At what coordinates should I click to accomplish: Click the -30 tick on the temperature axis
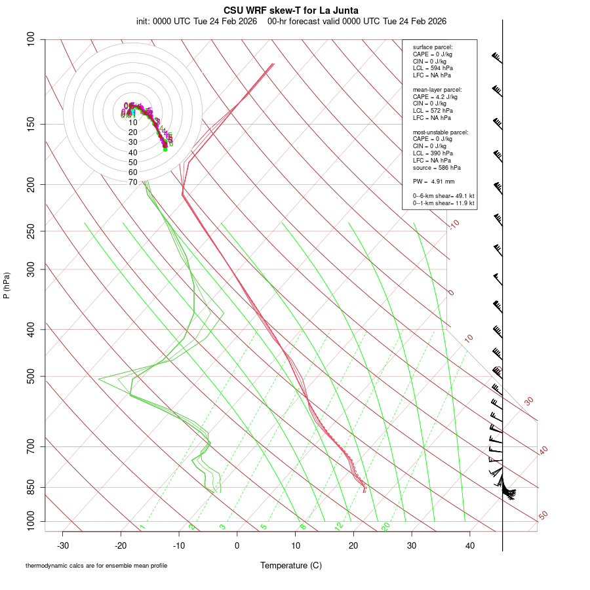(x=63, y=545)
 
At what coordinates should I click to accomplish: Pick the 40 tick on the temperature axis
(x=469, y=545)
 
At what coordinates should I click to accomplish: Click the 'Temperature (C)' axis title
(x=291, y=565)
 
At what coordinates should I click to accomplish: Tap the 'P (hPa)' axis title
(x=7, y=286)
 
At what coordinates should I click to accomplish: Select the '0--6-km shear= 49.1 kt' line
(x=444, y=196)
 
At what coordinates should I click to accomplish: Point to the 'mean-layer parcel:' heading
(x=437, y=89)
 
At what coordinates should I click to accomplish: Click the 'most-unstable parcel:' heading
(x=441, y=132)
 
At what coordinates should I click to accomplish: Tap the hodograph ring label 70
(x=133, y=182)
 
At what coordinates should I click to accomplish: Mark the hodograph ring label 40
(x=133, y=152)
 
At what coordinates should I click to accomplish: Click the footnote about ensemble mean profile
(x=96, y=565)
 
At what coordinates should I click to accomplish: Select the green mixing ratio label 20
(x=385, y=526)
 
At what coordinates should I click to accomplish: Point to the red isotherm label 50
(x=543, y=516)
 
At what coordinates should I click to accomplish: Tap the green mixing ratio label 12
(x=339, y=526)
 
